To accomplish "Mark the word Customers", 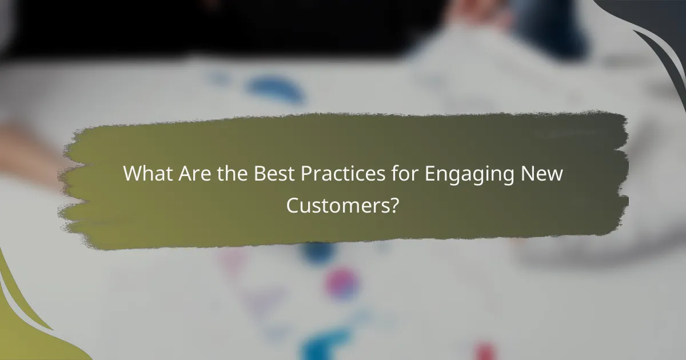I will coord(337,204).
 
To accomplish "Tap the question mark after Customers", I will coord(393,204).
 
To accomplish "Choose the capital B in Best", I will coord(258,173).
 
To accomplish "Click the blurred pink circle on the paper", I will coord(342,282).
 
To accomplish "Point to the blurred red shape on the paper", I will coord(485,350).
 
